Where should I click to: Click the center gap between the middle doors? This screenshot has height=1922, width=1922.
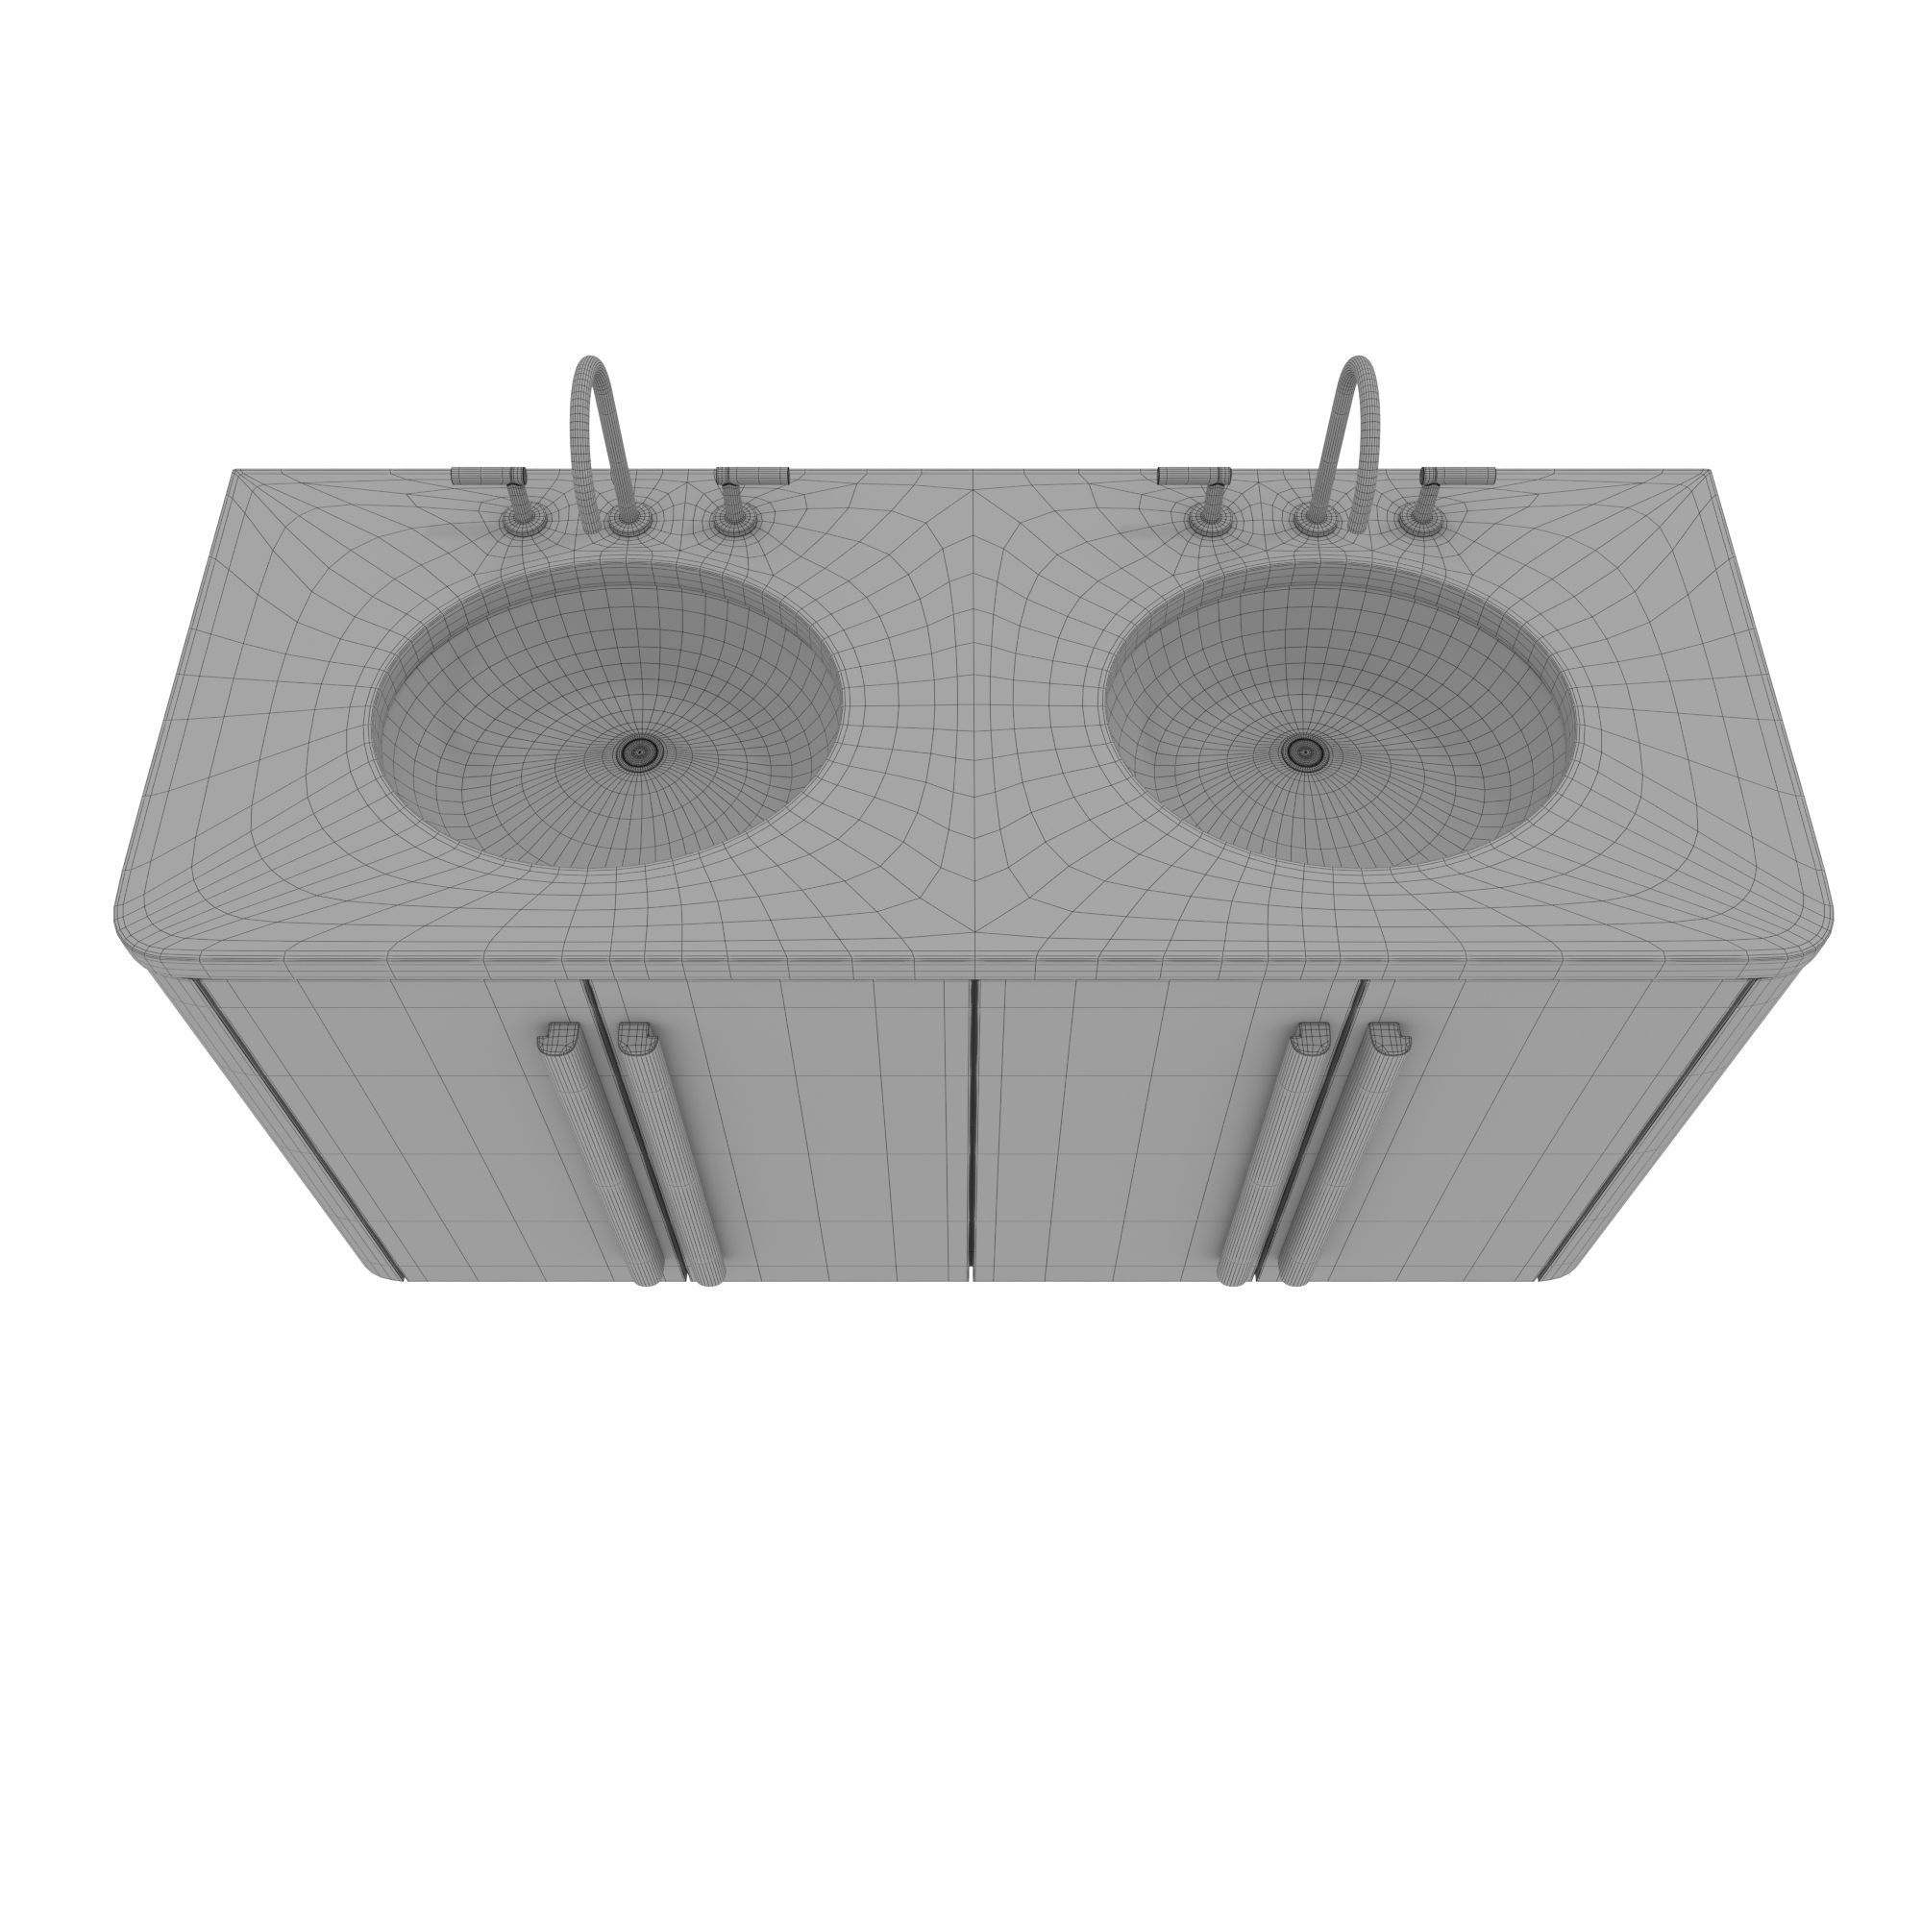point(972,1124)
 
